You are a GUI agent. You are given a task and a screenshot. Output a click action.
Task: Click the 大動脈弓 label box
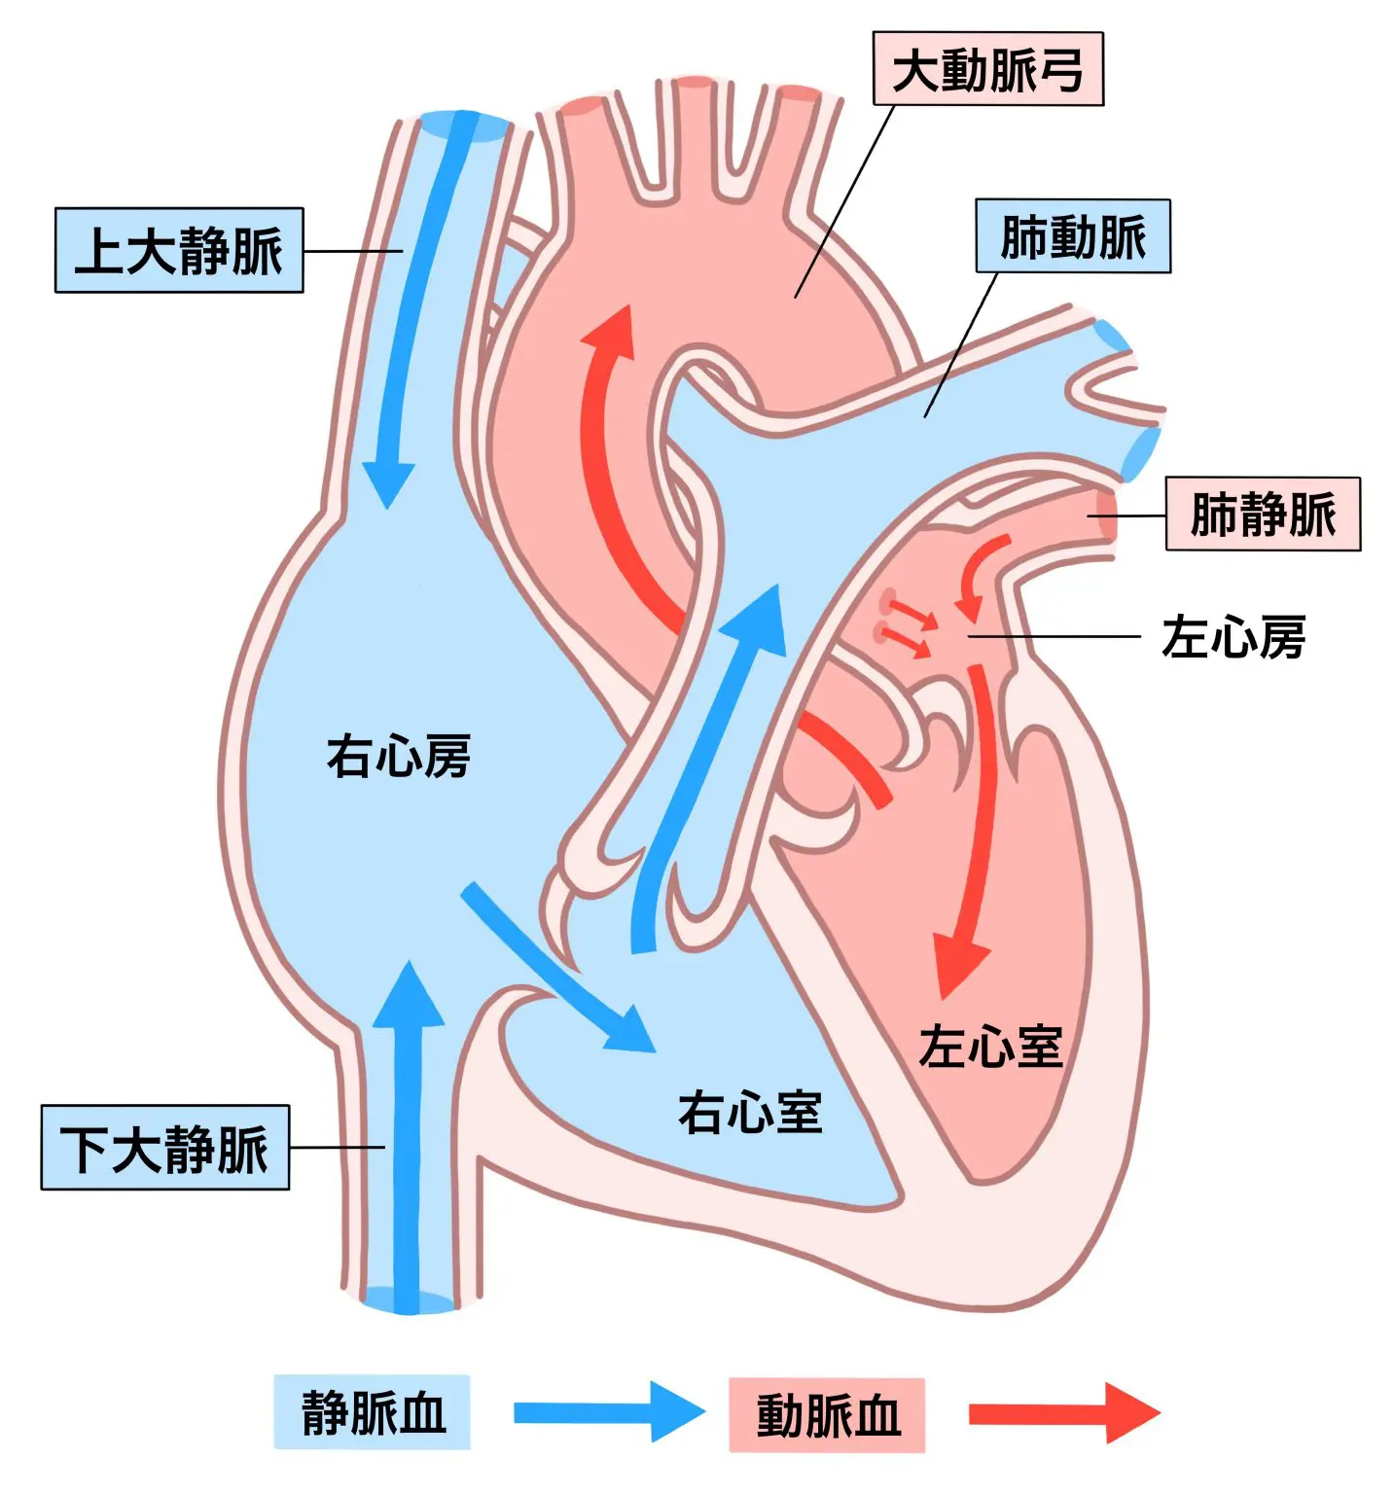[x=987, y=69]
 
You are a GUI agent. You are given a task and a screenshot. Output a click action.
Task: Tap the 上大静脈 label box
[x=179, y=250]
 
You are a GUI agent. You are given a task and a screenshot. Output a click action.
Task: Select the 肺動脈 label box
[x=1073, y=236]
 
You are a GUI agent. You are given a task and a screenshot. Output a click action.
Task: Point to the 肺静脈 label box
[x=1263, y=514]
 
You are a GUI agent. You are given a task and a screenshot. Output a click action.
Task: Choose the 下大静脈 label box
[x=164, y=1147]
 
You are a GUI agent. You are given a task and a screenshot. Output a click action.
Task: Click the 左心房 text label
[x=1233, y=637]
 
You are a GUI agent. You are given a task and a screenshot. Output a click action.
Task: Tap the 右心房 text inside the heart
[x=398, y=756]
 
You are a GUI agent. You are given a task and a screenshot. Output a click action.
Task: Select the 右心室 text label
[x=750, y=1112]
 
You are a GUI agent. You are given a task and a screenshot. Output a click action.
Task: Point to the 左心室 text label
[x=990, y=1047]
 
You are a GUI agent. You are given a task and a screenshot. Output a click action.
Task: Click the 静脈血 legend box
[x=372, y=1412]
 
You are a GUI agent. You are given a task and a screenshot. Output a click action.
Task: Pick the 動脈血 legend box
[x=827, y=1415]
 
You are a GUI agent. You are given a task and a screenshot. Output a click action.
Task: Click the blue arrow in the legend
[x=608, y=1412]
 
